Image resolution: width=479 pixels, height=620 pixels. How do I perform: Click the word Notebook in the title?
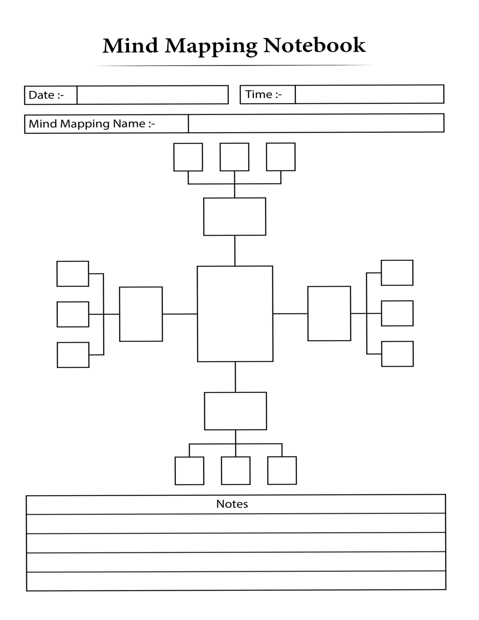click(x=314, y=45)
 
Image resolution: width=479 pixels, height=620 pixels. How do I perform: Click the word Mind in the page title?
click(x=130, y=46)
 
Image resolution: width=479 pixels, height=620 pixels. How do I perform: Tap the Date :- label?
click(x=46, y=95)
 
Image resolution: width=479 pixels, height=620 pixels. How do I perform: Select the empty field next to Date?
click(x=152, y=95)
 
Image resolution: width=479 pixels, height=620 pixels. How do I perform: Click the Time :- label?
click(x=264, y=94)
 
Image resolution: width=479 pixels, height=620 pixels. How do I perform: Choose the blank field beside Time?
click(x=369, y=94)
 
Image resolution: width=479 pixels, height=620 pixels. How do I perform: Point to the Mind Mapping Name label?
click(x=92, y=124)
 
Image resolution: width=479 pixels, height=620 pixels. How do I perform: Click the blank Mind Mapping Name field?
click(x=316, y=123)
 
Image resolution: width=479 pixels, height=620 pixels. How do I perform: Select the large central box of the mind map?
click(x=235, y=314)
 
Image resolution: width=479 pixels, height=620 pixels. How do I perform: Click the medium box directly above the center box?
click(x=234, y=216)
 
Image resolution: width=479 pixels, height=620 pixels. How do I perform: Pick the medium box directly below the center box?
click(x=235, y=411)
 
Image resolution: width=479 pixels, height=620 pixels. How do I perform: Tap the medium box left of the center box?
click(x=141, y=314)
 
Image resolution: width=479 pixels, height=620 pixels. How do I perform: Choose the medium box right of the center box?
click(x=329, y=314)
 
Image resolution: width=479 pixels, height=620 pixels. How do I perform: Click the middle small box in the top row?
click(x=234, y=157)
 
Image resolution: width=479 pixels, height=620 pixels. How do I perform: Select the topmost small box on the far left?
click(x=73, y=274)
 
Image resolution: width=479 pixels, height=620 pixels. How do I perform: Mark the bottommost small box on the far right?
click(x=397, y=354)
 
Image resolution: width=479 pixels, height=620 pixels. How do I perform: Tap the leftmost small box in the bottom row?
click(x=189, y=471)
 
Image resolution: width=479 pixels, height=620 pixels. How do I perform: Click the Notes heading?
click(x=232, y=504)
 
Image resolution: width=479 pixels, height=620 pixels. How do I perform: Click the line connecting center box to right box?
click(x=290, y=313)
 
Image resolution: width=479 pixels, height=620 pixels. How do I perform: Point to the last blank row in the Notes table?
click(x=236, y=581)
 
